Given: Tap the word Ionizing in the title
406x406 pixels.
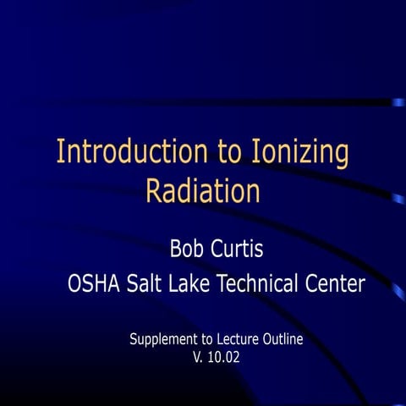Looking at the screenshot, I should pyautogui.click(x=300, y=152).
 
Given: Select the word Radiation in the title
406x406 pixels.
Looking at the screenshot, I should pyautogui.click(x=202, y=190).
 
